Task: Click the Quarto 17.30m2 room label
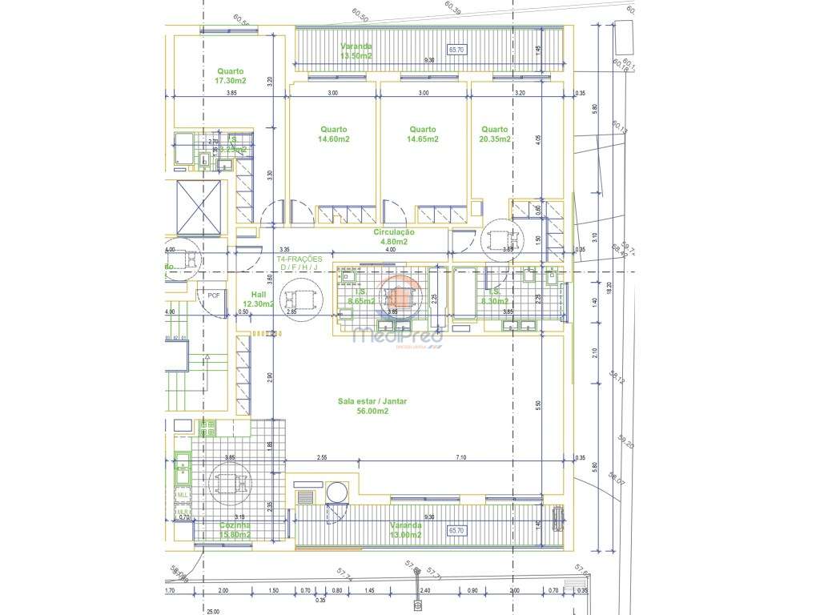pos(229,75)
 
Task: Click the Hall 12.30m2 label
pos(258,299)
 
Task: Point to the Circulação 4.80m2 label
pos(393,236)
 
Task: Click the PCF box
pos(213,295)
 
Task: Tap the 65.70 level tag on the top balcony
pos(456,50)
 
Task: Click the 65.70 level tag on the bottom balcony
pos(456,530)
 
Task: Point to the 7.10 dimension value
pos(460,458)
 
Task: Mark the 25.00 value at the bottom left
pos(212,611)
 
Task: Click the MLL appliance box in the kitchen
pos(182,495)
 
